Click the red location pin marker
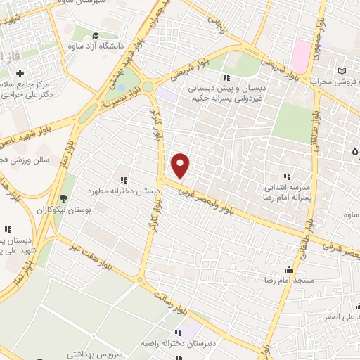[x=181, y=165]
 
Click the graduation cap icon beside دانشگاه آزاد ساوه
[x=96, y=36]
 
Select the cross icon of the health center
[x=20, y=73]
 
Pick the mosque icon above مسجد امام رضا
[x=288, y=269]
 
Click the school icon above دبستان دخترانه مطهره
[x=125, y=179]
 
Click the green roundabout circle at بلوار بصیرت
[x=148, y=87]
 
